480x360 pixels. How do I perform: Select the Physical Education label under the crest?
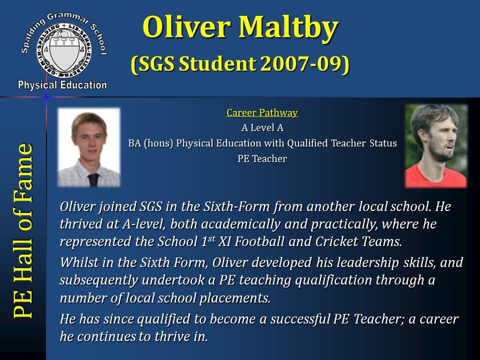62,85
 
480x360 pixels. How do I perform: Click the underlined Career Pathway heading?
262,112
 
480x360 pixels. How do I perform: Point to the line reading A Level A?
262,127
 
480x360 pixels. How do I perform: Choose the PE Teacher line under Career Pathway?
262,158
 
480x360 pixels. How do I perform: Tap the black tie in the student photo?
93,179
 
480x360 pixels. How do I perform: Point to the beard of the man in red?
440,150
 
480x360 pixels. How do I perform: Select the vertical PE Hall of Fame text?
23,230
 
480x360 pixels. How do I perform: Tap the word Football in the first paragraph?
259,241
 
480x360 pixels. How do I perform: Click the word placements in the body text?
235,298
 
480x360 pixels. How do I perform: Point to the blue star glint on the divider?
46,97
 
